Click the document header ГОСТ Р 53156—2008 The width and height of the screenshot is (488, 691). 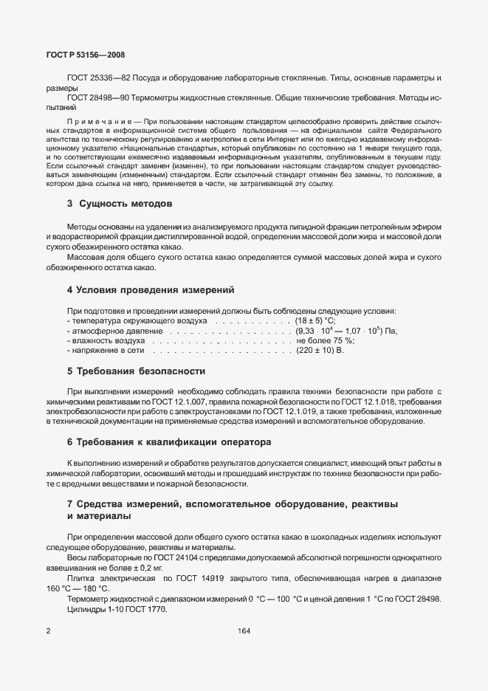[75, 55]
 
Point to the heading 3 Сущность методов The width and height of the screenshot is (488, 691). [121, 203]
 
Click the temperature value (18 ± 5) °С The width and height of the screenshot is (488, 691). [315, 321]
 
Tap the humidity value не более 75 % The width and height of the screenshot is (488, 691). [326, 341]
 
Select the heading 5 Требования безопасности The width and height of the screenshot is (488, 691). [136, 371]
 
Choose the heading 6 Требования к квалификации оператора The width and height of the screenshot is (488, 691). [169, 442]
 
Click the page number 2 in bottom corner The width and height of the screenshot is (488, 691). [48, 631]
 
